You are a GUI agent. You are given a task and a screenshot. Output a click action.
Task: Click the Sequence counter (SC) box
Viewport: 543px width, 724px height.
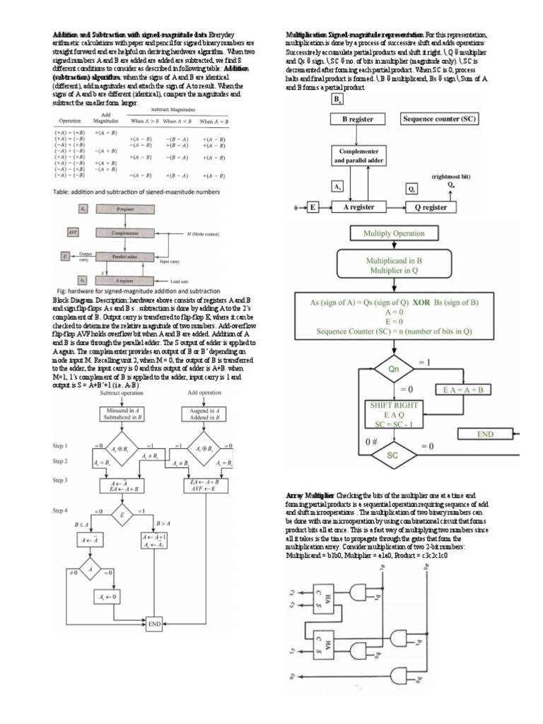tap(439, 119)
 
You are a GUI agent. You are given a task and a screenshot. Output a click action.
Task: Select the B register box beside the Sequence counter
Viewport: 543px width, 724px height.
tap(358, 119)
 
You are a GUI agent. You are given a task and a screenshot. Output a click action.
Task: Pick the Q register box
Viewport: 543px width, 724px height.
tap(435, 207)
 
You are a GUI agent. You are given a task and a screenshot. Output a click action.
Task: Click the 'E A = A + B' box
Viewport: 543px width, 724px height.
tap(466, 390)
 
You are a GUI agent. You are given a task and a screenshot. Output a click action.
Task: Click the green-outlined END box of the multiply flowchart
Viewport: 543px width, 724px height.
tap(484, 434)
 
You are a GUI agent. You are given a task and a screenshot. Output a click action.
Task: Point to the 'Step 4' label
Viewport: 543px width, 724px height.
tap(60, 510)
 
